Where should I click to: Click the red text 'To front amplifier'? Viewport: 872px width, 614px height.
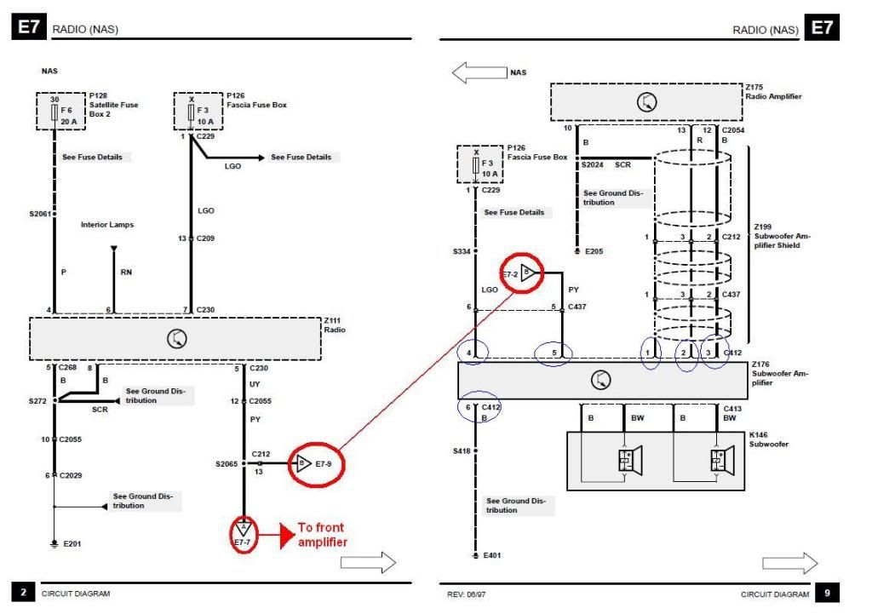click(323, 535)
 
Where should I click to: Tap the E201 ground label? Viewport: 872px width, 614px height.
click(72, 544)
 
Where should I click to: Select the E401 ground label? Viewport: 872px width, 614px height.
click(492, 555)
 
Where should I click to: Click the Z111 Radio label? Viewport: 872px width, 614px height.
click(335, 325)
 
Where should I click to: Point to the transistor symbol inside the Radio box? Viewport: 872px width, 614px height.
click(177, 339)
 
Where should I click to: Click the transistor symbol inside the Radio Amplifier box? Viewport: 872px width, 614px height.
click(646, 102)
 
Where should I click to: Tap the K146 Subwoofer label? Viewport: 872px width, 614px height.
click(769, 439)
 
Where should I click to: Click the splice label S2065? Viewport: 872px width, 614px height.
click(227, 464)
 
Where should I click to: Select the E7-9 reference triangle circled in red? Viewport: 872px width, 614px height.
click(303, 462)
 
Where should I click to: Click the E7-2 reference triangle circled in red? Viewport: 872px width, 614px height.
click(528, 273)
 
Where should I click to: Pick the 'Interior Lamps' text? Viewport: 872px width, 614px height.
click(107, 225)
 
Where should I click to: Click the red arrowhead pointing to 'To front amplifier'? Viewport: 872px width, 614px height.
click(288, 535)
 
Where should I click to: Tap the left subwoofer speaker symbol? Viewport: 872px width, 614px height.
click(630, 460)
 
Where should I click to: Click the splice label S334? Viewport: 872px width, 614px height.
click(462, 251)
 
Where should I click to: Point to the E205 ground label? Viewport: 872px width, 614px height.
click(594, 251)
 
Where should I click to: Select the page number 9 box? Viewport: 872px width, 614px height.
click(827, 593)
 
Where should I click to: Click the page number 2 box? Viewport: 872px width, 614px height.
click(23, 593)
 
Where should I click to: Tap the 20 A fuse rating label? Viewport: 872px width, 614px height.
click(69, 121)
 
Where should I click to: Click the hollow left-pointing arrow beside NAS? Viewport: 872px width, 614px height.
click(479, 73)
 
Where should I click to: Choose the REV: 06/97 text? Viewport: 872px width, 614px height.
click(466, 594)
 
